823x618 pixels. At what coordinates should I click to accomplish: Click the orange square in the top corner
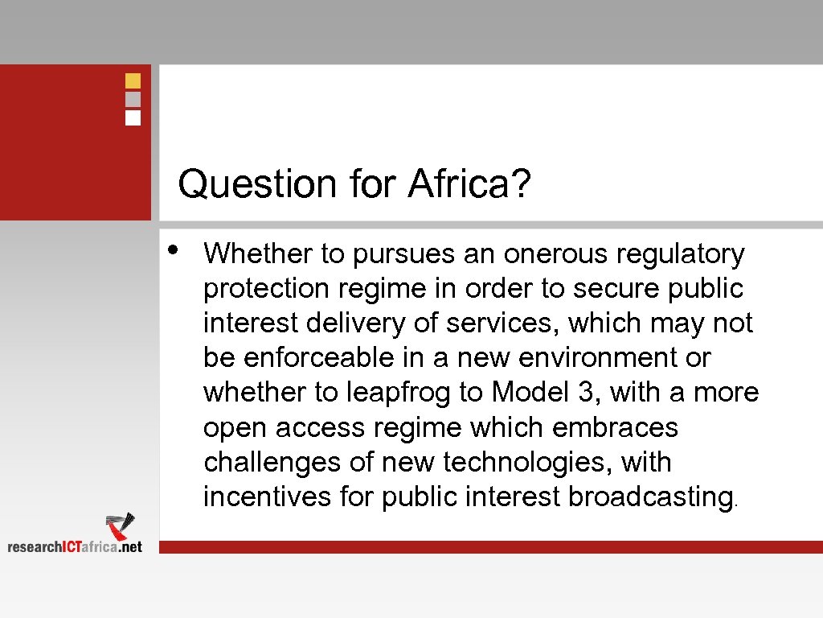click(133, 80)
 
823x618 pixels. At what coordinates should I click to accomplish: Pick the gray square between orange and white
click(133, 99)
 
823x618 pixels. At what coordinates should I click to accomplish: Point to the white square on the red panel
click(133, 117)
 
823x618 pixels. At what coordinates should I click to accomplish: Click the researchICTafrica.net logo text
click(75, 546)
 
